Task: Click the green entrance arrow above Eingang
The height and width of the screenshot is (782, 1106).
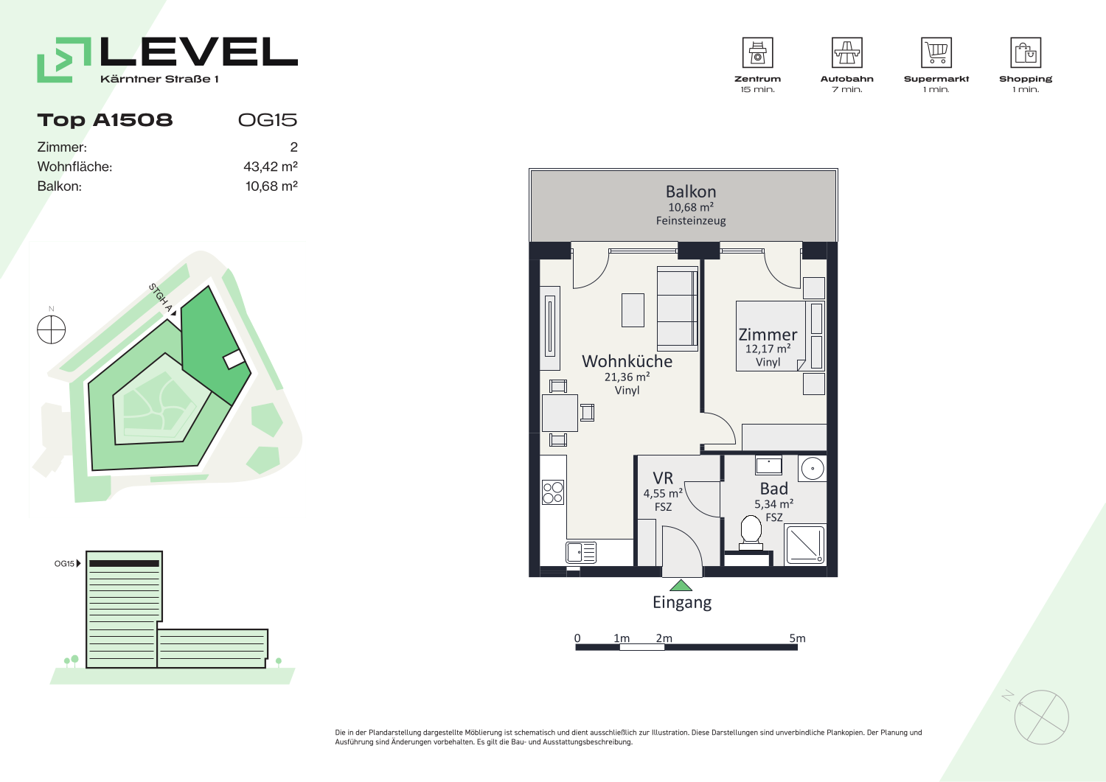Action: point(681,585)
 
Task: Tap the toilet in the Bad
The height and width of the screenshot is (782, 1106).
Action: point(751,532)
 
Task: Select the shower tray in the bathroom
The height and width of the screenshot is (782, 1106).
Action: point(805,545)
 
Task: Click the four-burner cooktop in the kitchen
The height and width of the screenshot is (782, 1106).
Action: point(553,492)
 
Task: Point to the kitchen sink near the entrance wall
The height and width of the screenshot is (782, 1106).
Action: point(581,553)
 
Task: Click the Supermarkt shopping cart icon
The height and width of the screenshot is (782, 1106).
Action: point(936,52)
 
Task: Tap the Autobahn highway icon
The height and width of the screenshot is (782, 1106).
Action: point(846,52)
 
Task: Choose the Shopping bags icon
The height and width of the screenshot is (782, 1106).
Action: point(1026,52)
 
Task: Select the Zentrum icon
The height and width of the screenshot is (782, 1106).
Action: point(757,52)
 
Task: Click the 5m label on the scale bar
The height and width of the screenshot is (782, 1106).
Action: point(797,638)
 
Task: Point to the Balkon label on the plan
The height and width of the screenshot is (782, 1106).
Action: point(691,192)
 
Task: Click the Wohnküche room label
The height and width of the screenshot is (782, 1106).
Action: point(627,361)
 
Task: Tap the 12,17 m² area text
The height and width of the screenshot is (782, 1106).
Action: point(768,349)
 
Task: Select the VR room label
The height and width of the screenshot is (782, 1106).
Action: point(663,478)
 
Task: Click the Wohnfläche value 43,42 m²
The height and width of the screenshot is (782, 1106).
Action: point(271,167)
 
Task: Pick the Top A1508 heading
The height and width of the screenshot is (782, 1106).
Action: point(105,120)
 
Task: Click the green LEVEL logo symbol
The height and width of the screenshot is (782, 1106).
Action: point(64,60)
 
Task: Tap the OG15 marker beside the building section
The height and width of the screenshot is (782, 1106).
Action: point(67,563)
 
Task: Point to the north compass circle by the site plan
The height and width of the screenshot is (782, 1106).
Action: point(52,329)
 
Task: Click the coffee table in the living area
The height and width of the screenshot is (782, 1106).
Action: point(633,310)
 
